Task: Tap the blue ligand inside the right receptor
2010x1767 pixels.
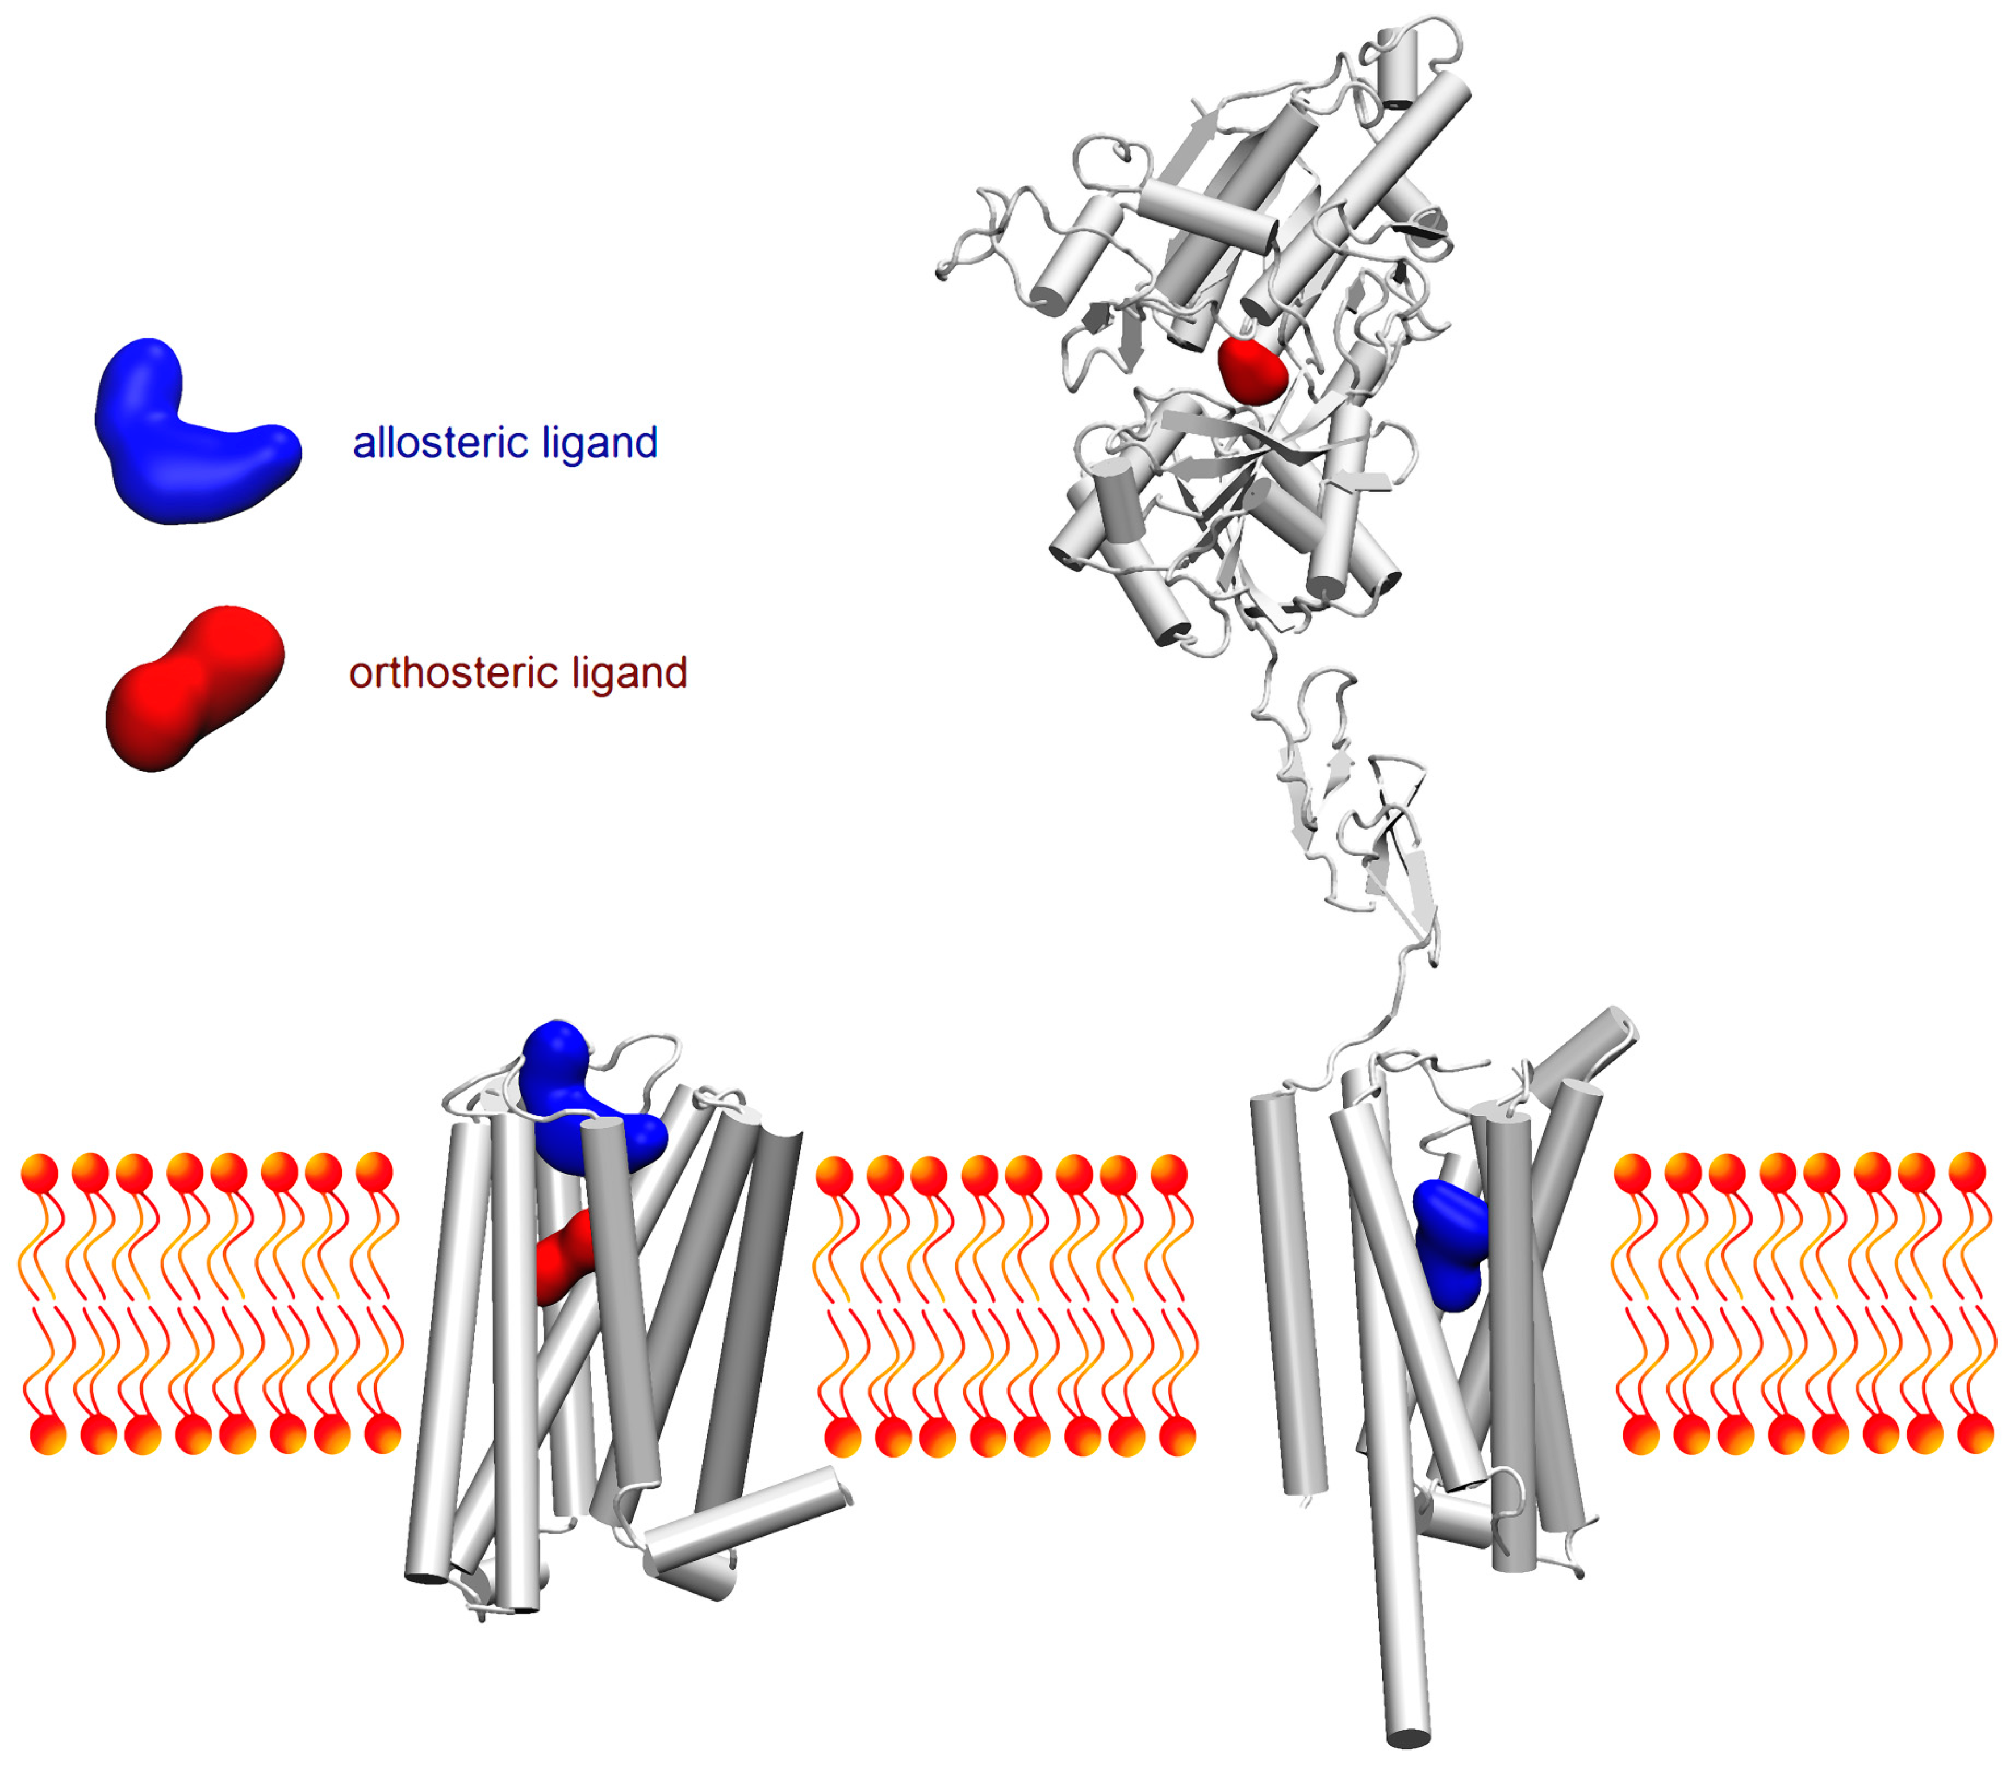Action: [1451, 1244]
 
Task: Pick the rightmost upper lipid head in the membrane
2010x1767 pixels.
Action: [1967, 1172]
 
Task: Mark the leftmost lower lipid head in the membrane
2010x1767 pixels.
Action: [49, 1435]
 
